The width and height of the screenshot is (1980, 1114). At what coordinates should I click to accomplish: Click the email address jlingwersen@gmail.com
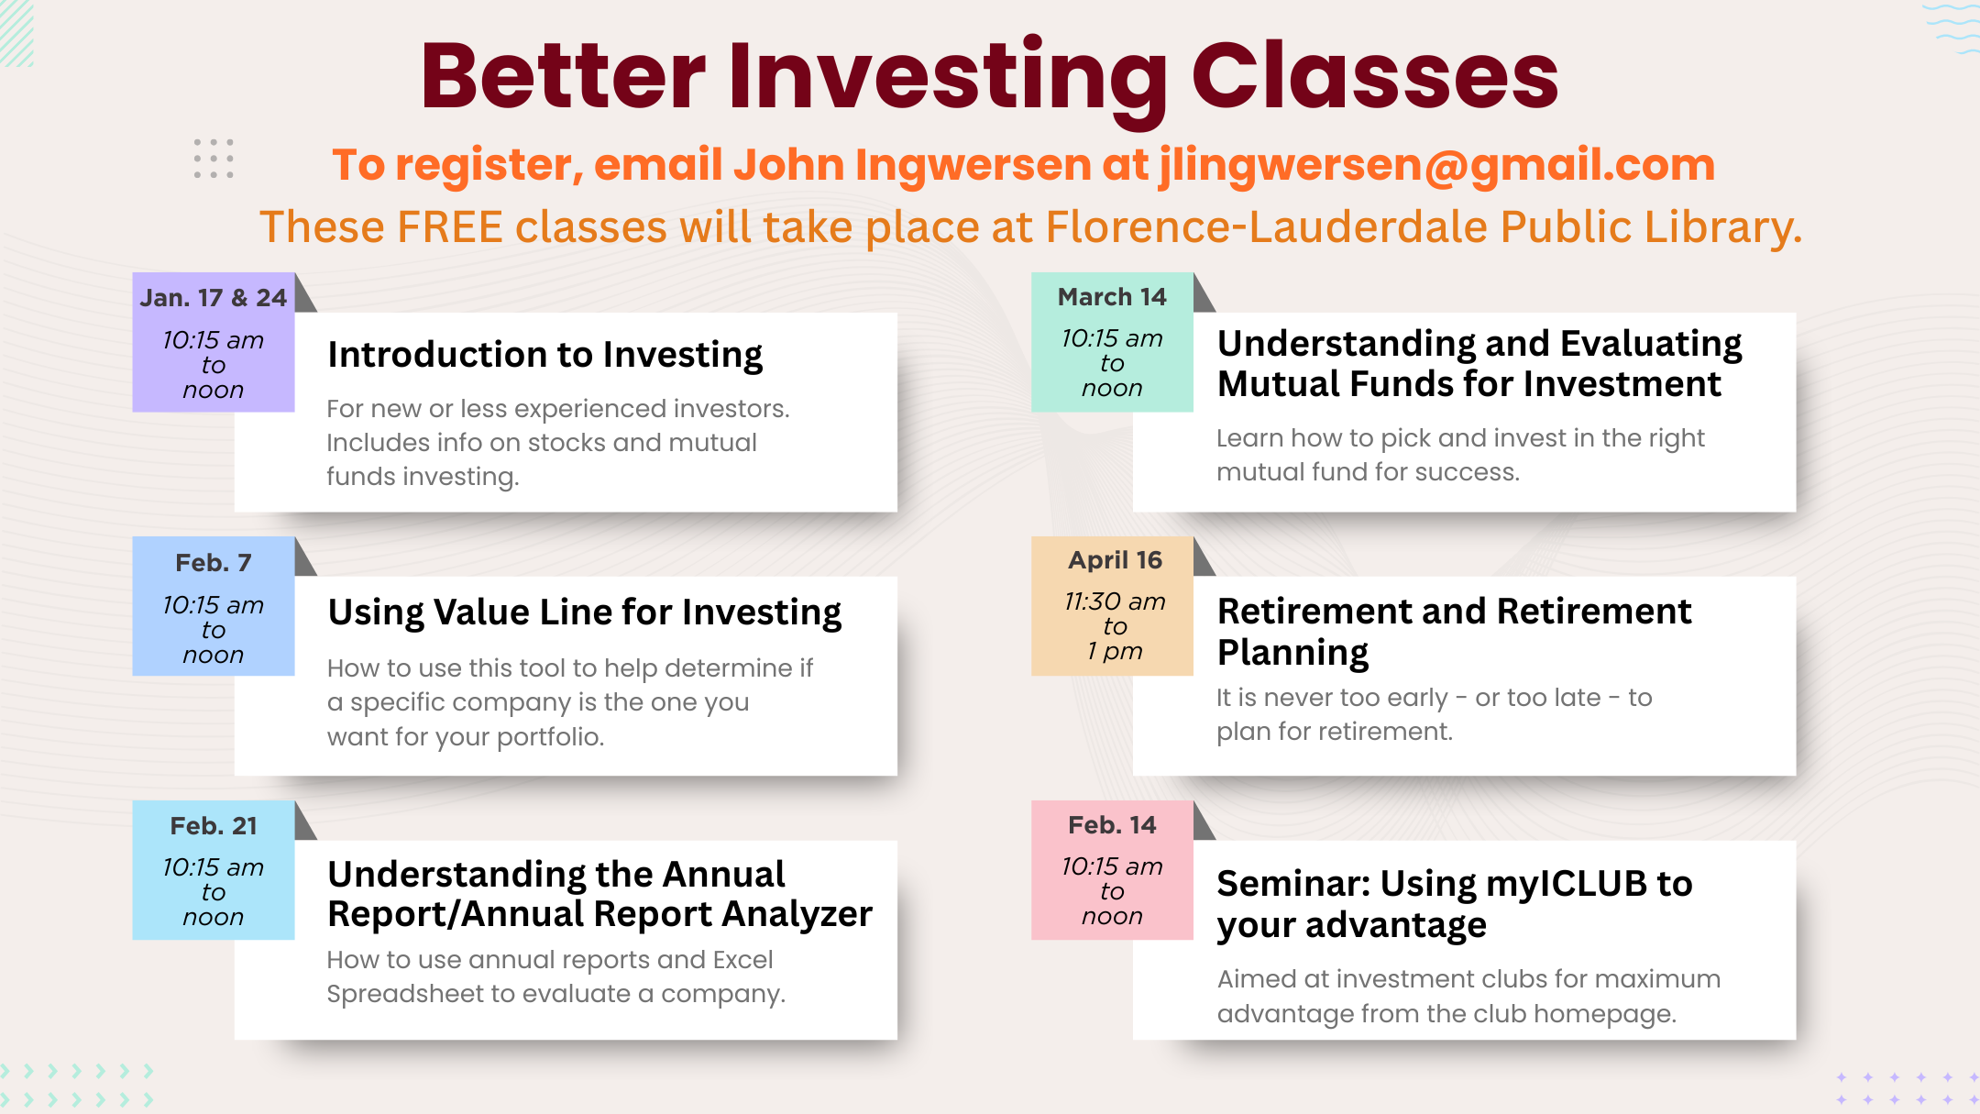click(x=1436, y=166)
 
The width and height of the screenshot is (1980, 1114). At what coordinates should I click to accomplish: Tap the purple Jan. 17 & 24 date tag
click(x=214, y=342)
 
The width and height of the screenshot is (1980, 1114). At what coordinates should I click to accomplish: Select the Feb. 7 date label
click(x=214, y=562)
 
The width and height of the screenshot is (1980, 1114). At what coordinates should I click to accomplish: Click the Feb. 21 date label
click(x=214, y=826)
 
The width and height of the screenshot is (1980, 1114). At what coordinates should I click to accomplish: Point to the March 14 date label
click(x=1112, y=297)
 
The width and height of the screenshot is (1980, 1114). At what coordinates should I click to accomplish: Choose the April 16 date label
click(x=1115, y=560)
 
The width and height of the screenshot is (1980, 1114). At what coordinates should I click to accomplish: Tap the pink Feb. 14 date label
click(x=1112, y=825)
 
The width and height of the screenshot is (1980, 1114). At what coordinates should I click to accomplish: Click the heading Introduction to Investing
click(x=545, y=355)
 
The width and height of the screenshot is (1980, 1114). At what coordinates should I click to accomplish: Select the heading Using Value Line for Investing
click(x=585, y=612)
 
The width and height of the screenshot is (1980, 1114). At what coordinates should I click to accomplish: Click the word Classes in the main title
click(x=1375, y=76)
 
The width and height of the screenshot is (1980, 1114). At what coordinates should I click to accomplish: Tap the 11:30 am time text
click(x=1115, y=601)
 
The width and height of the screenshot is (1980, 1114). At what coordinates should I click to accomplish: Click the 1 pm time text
click(x=1115, y=651)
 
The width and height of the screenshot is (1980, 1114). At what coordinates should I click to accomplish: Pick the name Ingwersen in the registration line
click(x=973, y=166)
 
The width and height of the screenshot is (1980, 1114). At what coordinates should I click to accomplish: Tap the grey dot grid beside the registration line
click(x=214, y=159)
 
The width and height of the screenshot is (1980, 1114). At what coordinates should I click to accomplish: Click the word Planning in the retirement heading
click(x=1292, y=653)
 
